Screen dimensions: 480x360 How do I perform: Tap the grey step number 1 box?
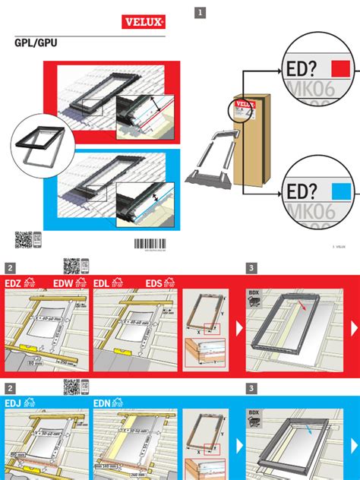tap(200, 12)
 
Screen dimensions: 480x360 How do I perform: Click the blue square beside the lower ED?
tap(343, 190)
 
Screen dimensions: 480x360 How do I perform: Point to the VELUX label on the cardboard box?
tap(245, 104)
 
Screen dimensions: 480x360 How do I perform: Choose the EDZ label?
tap(14, 283)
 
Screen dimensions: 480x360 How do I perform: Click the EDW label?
tap(64, 283)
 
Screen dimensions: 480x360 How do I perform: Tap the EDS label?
tap(156, 283)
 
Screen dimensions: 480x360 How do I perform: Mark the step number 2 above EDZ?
tap(11, 268)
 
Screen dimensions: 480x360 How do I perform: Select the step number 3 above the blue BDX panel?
tap(251, 388)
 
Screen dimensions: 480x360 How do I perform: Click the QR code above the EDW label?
tap(71, 266)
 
